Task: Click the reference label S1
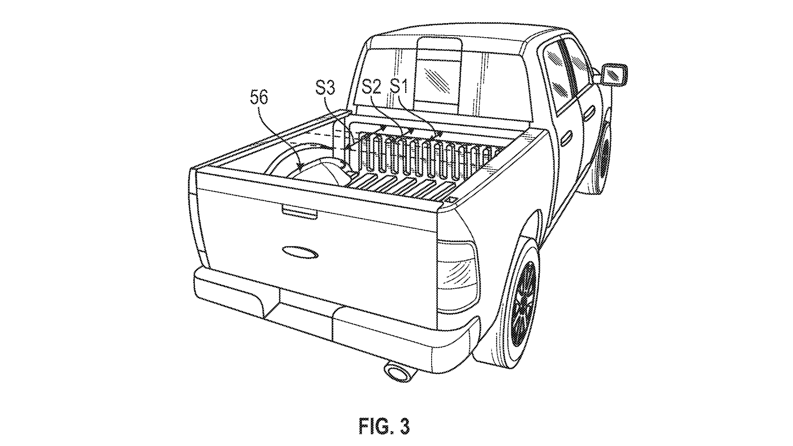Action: [x=399, y=87]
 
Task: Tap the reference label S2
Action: [x=371, y=87]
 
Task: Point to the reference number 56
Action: [x=259, y=98]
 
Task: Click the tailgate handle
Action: [x=299, y=211]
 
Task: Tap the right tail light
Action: [x=458, y=268]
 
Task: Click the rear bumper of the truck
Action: [x=330, y=314]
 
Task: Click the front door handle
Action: [x=590, y=110]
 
